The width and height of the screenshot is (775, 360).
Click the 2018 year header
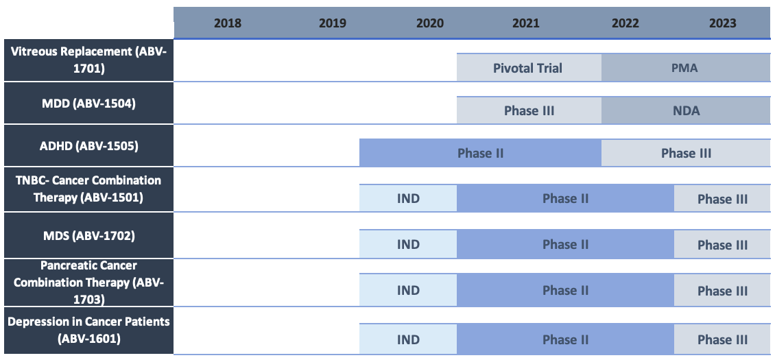[x=228, y=23]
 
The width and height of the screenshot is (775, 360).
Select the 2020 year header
[x=430, y=23]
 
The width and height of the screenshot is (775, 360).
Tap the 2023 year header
[x=723, y=23]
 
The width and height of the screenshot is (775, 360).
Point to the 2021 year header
[x=526, y=23]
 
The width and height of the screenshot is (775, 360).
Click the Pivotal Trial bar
[x=529, y=68]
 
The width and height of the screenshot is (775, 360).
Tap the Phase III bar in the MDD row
[x=529, y=110]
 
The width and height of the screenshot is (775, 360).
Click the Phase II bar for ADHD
[x=480, y=153]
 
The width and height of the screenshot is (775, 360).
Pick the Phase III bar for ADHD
[x=686, y=153]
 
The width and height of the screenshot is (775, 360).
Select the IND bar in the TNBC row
[x=408, y=199]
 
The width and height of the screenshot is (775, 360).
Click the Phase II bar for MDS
[x=565, y=245]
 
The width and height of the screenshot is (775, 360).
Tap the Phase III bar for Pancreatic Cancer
[x=722, y=291]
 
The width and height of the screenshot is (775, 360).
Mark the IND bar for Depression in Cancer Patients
[x=408, y=339]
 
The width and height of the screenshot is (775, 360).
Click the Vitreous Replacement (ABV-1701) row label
[x=87, y=60]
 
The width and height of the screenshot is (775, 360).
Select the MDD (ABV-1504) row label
[x=87, y=104]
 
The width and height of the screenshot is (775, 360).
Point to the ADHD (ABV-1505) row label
[x=87, y=145]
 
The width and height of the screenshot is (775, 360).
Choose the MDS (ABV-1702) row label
[x=87, y=236]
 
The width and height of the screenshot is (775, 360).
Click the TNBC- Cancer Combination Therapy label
[x=87, y=189]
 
